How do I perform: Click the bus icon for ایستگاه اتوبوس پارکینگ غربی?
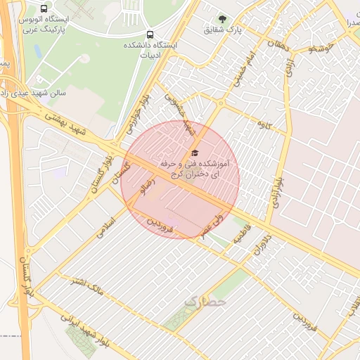[45, 9]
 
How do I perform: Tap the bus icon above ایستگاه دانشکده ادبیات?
[149, 34]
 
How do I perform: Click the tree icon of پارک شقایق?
[223, 19]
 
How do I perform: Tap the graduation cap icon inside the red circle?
[194, 153]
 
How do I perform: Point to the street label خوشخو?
[323, 49]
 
